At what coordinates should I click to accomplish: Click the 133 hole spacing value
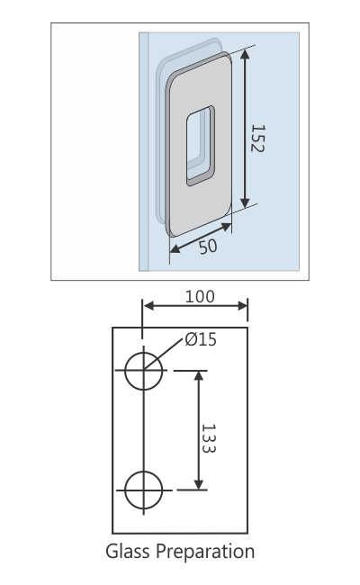tap(209, 439)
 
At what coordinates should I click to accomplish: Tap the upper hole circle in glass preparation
tap(144, 371)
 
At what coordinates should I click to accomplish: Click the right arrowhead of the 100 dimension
tap(243, 307)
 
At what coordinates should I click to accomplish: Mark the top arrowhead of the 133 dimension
tap(199, 375)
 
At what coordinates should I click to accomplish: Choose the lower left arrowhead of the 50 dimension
tap(175, 251)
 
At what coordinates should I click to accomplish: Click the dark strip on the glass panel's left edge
tap(143, 153)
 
